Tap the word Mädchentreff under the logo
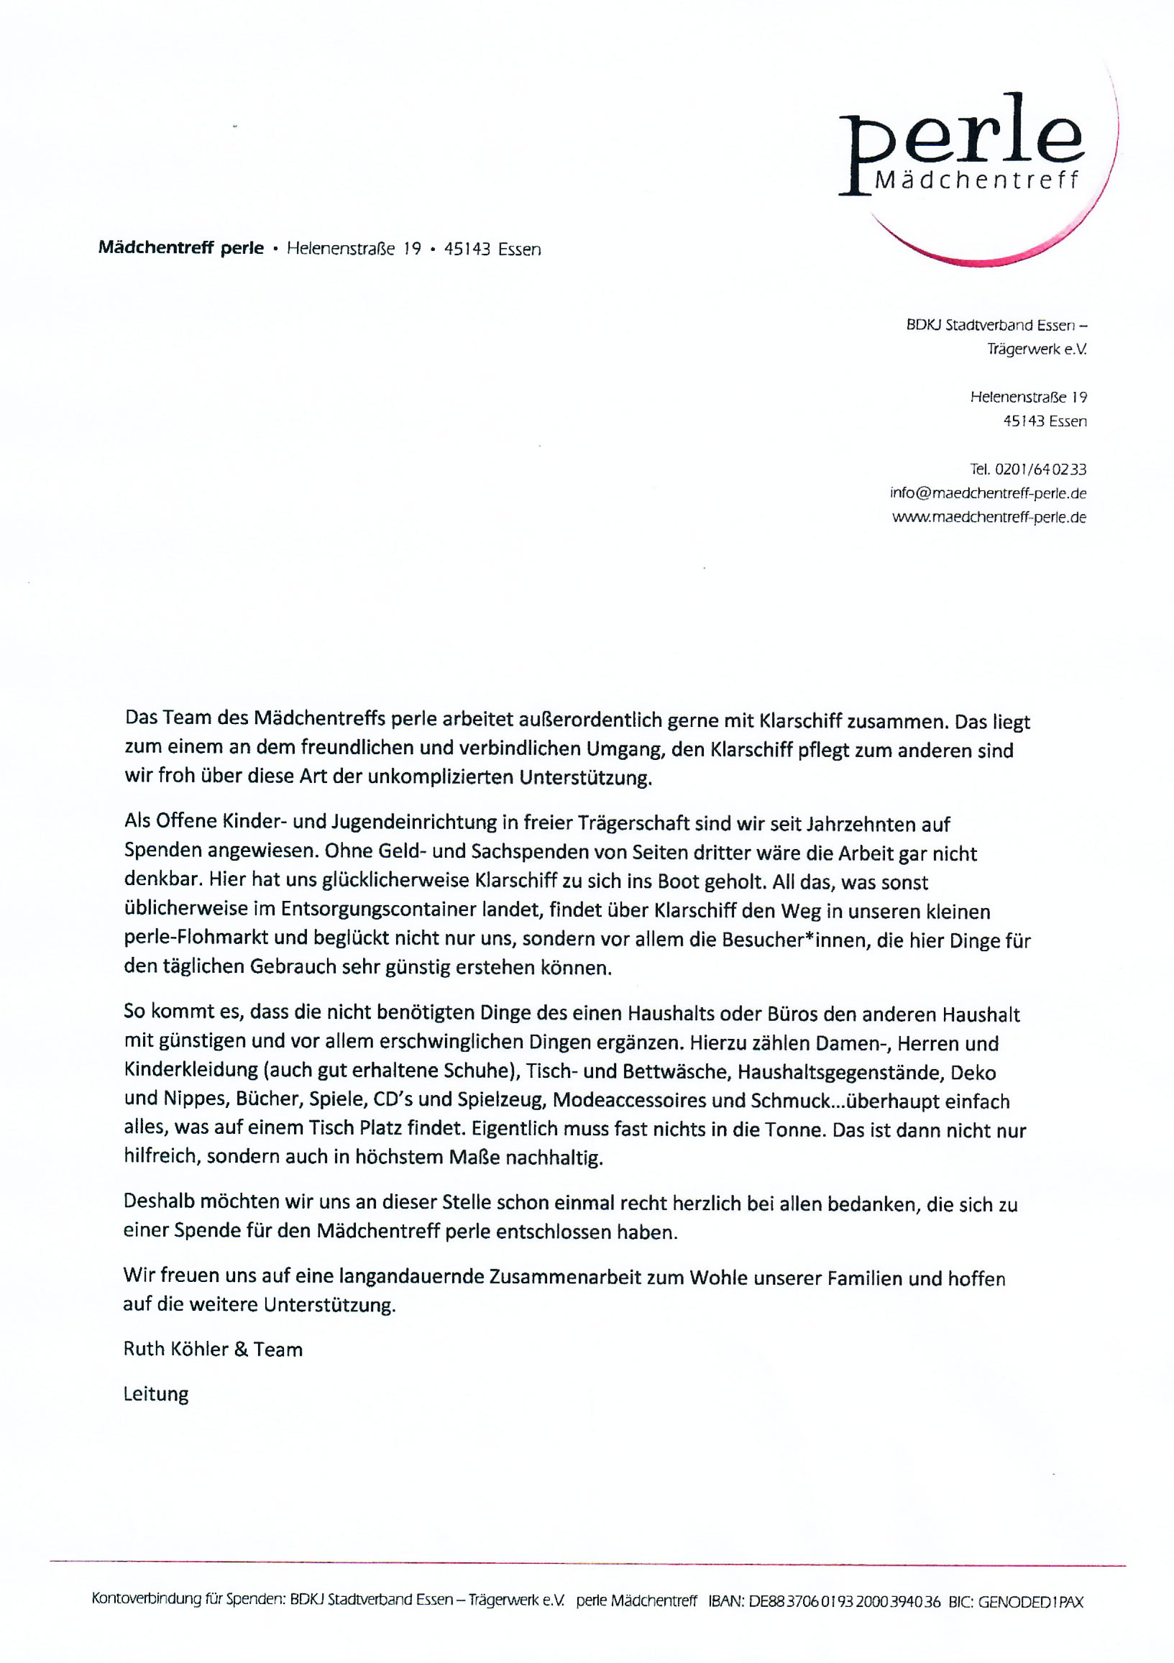[976, 180]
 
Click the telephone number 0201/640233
[1040, 469]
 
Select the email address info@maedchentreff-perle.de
[988, 493]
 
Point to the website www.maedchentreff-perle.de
[989, 517]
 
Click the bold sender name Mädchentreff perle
[180, 248]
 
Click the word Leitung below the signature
[156, 1393]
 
